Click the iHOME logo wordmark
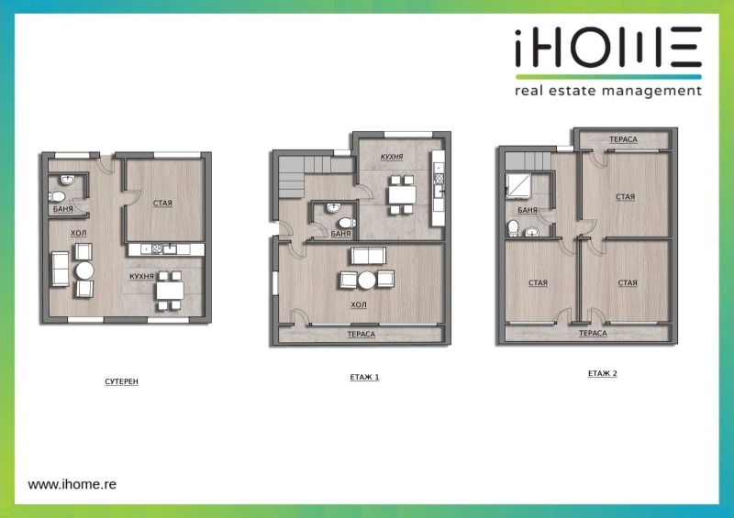[608, 47]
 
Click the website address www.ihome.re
[72, 484]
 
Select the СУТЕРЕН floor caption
[122, 381]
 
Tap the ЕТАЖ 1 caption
[364, 377]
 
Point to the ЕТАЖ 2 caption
[603, 373]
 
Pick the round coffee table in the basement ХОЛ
[84, 270]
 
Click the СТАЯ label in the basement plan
[162, 204]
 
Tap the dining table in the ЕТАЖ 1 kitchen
[402, 194]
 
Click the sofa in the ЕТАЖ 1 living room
[369, 256]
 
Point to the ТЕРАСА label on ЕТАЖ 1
[361, 334]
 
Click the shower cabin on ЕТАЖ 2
[518, 184]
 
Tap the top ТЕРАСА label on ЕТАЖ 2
[623, 139]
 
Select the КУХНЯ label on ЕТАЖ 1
[392, 157]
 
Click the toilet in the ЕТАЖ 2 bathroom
[513, 228]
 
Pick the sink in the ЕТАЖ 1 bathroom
[333, 208]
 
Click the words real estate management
[608, 91]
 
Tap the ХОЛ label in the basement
[79, 233]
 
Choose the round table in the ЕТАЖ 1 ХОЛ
[367, 281]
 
